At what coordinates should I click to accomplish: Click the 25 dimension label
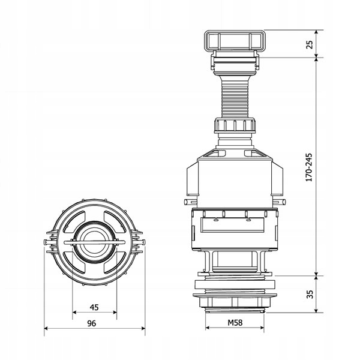point(310,44)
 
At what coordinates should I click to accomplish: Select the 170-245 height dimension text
point(309,167)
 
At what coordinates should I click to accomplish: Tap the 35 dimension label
point(310,295)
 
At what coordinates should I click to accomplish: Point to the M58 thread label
point(235,323)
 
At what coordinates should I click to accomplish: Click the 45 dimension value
point(94,307)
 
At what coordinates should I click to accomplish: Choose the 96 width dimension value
point(92,323)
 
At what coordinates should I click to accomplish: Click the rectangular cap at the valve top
point(235,40)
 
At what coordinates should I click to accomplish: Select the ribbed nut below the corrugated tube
point(235,125)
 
